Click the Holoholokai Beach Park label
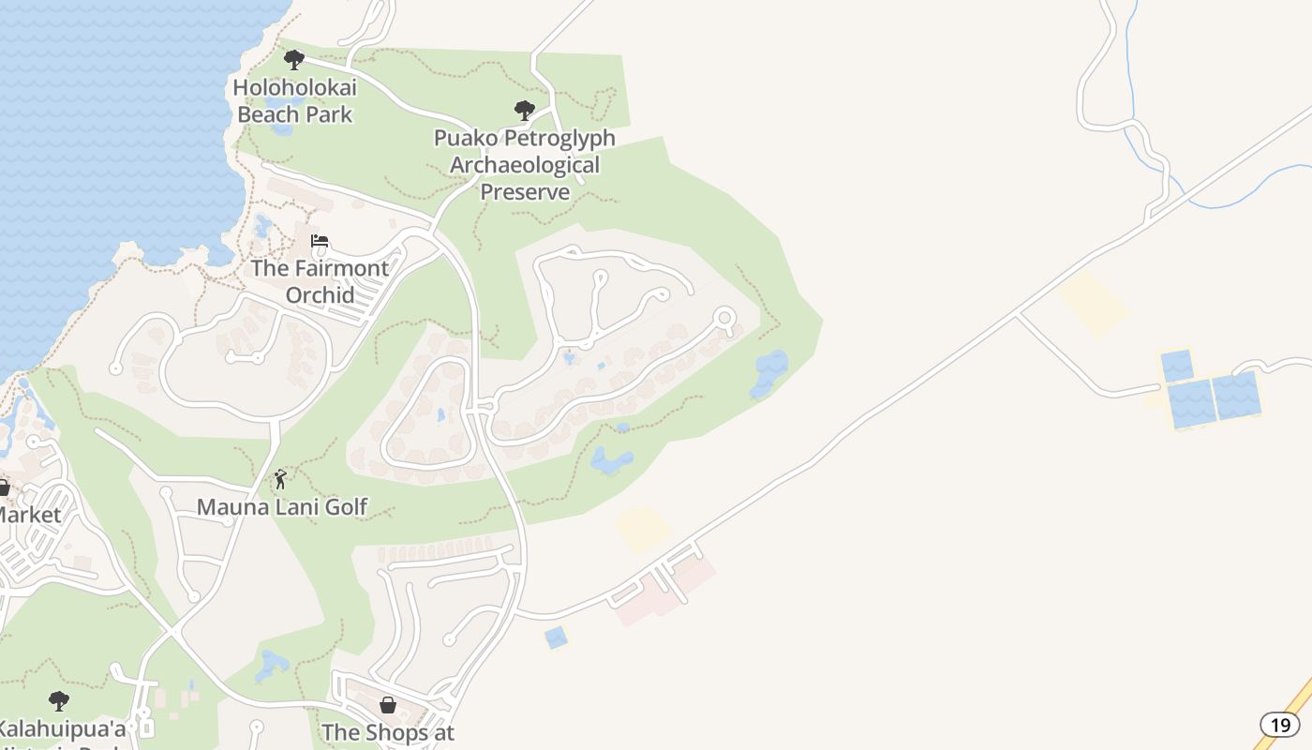click(294, 101)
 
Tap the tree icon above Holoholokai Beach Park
click(294, 61)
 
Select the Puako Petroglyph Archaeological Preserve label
click(525, 165)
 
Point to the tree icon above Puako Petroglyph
click(525, 111)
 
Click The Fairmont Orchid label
click(320, 281)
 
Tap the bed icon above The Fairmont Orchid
click(320, 241)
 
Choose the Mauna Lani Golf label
click(281, 507)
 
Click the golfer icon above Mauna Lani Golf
click(280, 479)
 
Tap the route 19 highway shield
click(1280, 724)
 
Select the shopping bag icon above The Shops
click(387, 704)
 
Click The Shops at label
click(388, 732)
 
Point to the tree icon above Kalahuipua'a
click(59, 700)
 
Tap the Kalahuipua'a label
click(61, 728)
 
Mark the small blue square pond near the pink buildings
click(557, 637)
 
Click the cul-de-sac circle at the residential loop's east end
click(723, 318)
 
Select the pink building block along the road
click(660, 590)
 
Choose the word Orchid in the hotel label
click(320, 295)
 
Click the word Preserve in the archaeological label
click(525, 192)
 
